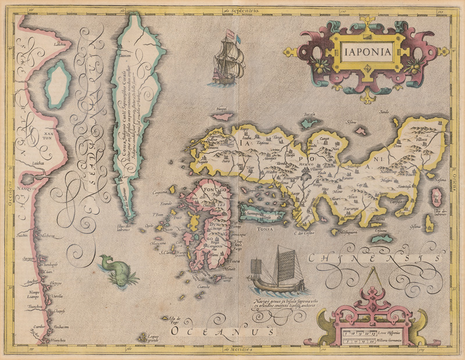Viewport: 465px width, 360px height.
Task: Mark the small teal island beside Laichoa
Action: coord(57,84)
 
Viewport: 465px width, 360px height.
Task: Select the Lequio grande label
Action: coord(153,338)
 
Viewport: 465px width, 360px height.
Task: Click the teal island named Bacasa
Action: coord(309,122)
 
